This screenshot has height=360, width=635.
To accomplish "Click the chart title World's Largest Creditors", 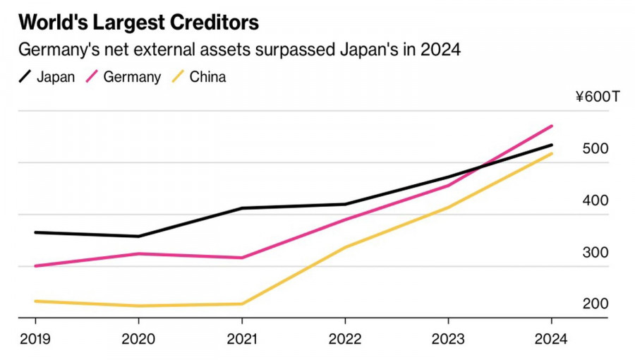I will tap(139, 22).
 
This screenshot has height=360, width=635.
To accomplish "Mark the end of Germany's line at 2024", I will tap(552, 126).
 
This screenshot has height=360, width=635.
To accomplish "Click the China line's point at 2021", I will tap(242, 304).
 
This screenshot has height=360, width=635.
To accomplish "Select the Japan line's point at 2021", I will tap(242, 208).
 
